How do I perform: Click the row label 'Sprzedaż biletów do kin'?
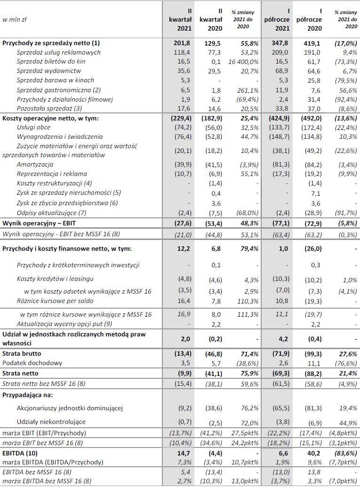pos(51,62)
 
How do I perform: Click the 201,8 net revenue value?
pos(183,43)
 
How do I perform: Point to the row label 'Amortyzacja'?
pos(35,164)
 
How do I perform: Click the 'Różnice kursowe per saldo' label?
pos(55,301)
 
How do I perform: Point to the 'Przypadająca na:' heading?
pos(28,394)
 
